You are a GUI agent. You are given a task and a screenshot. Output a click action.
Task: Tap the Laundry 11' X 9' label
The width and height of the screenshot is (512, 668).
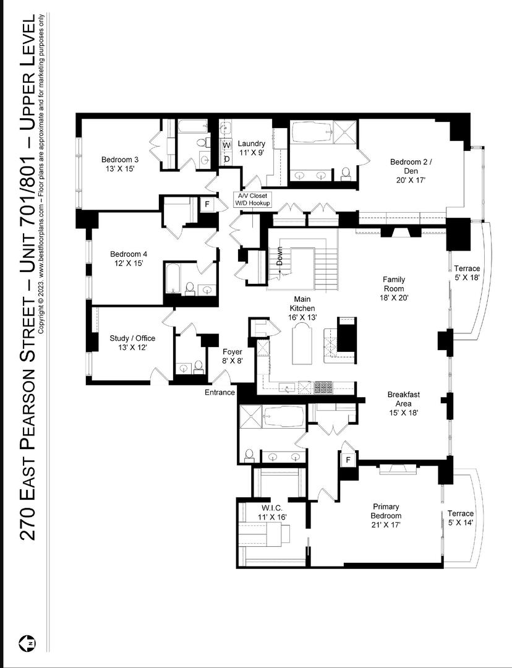(252, 148)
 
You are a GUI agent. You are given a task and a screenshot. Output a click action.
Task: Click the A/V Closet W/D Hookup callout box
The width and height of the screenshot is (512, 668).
(251, 200)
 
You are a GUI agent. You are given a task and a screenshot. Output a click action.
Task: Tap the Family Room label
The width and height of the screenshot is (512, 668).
(393, 288)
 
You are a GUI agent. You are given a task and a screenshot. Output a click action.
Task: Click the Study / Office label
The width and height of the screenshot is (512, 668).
(132, 343)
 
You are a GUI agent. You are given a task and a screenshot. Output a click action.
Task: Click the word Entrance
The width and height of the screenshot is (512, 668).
(220, 392)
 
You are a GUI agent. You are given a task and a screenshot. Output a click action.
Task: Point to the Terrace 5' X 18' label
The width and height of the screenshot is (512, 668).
(467, 273)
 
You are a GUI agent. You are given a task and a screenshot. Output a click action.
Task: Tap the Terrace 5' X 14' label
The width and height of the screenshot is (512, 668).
(461, 518)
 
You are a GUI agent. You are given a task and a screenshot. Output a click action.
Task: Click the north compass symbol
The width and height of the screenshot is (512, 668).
(28, 643)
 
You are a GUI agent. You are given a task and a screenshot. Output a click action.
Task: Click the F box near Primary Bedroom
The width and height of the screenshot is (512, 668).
(348, 460)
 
